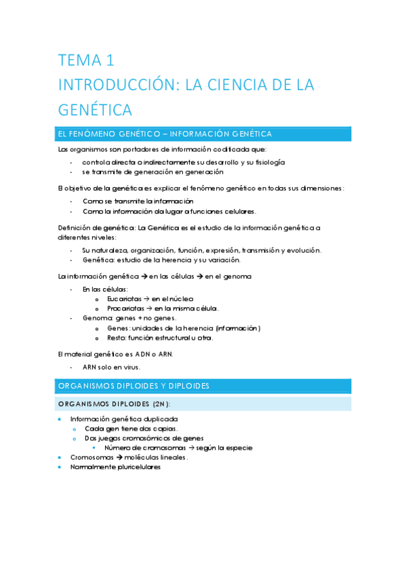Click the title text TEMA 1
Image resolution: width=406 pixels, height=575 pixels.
coord(85,61)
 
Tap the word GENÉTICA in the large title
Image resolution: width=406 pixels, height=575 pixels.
coord(95,109)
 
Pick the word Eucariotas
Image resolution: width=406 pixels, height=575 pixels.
coord(124,298)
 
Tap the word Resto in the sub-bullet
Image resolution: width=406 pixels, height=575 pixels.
coord(117,338)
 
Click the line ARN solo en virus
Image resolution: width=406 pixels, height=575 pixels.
coord(111,366)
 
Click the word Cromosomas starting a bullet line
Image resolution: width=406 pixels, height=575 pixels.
coord(92,457)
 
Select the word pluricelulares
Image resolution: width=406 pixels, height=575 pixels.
coord(138,467)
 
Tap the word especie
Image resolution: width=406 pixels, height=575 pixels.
coord(235,448)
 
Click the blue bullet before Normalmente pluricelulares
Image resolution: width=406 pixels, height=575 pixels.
coord(61,467)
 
